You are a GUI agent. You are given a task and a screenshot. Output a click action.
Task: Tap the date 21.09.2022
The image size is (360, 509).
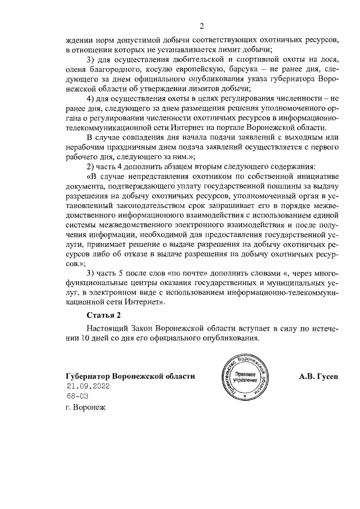pos(87,386)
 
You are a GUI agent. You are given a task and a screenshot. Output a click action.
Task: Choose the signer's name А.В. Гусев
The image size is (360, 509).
pos(318,376)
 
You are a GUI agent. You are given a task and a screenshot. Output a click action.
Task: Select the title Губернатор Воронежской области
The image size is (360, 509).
pos(129,376)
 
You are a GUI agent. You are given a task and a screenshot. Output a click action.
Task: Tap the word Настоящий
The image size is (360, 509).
pos(106,328)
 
